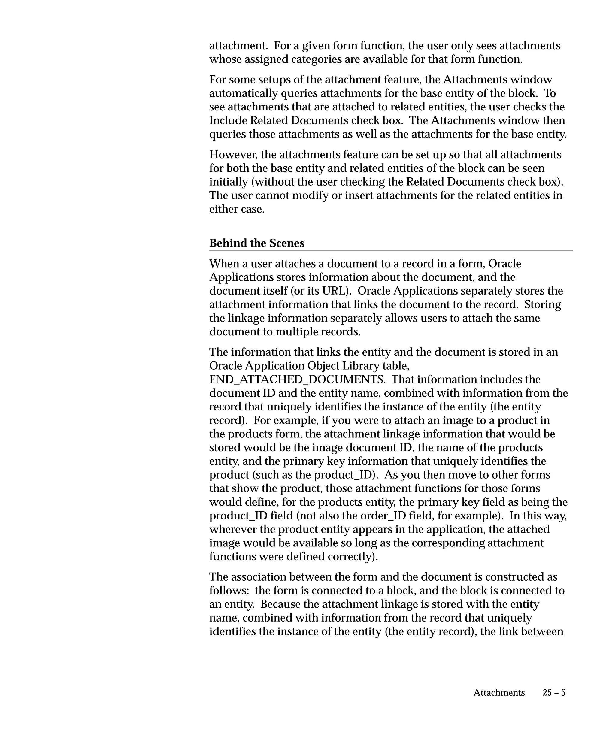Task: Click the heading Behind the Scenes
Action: pyautogui.click(x=256, y=243)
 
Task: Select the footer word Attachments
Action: pyautogui.click(x=499, y=693)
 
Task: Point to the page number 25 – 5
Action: pyautogui.click(x=554, y=693)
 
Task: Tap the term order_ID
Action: pyautogui.click(x=384, y=516)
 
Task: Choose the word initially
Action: pyautogui.click(x=229, y=182)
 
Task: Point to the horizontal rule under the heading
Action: pyautogui.click(x=391, y=250)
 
